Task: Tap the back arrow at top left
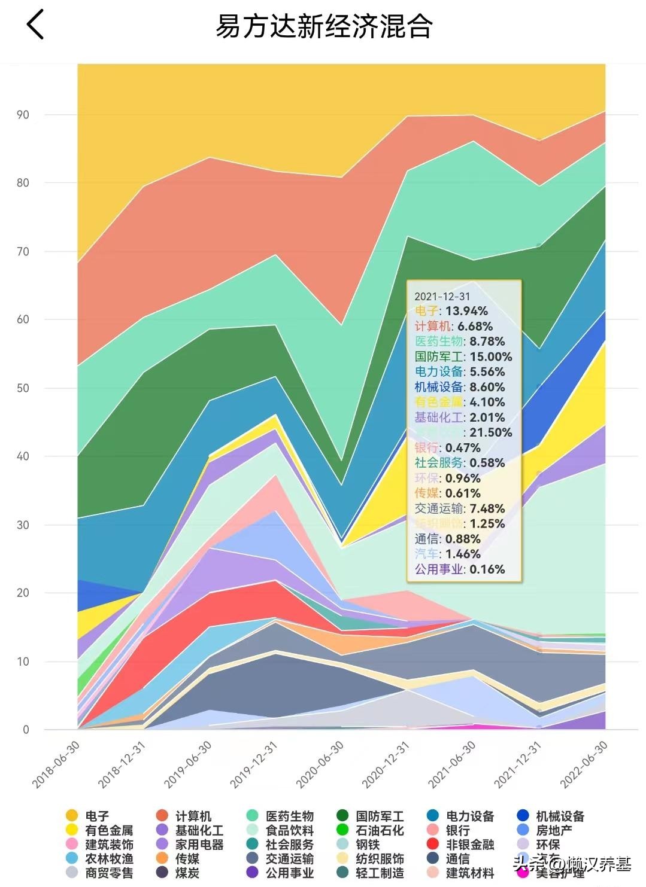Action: pyautogui.click(x=35, y=25)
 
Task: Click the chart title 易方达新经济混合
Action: pyautogui.click(x=323, y=26)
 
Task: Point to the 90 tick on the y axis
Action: pyautogui.click(x=23, y=115)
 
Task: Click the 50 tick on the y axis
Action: pyautogui.click(x=23, y=388)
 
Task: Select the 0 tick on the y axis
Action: pyautogui.click(x=26, y=730)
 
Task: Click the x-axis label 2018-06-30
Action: pyautogui.click(x=56, y=765)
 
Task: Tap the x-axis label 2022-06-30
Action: pyautogui.click(x=584, y=765)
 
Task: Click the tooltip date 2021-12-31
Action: pyautogui.click(x=442, y=297)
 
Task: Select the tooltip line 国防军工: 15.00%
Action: pyautogui.click(x=463, y=357)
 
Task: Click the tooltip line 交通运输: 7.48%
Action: pyautogui.click(x=460, y=509)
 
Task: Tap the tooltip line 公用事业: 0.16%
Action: pyautogui.click(x=460, y=569)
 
